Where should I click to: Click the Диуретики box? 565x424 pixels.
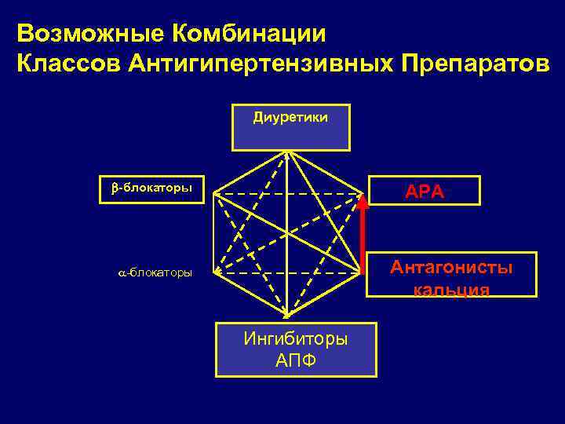pos(290,126)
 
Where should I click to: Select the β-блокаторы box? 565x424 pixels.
pos(151,189)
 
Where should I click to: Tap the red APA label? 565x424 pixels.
pos(424,191)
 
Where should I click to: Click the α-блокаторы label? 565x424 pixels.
pos(151,272)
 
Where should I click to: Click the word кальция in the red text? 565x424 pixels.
pos(451,290)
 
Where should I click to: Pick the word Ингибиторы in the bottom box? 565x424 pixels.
pos(297,339)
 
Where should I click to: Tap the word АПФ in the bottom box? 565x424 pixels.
pos(297,360)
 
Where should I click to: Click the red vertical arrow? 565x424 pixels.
pos(363,236)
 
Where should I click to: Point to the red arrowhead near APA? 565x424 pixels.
pos(363,201)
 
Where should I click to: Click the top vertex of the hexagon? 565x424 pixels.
pos(290,151)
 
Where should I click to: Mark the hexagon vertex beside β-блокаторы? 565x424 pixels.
pos(214,192)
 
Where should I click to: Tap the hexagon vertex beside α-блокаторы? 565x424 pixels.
pos(214,272)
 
